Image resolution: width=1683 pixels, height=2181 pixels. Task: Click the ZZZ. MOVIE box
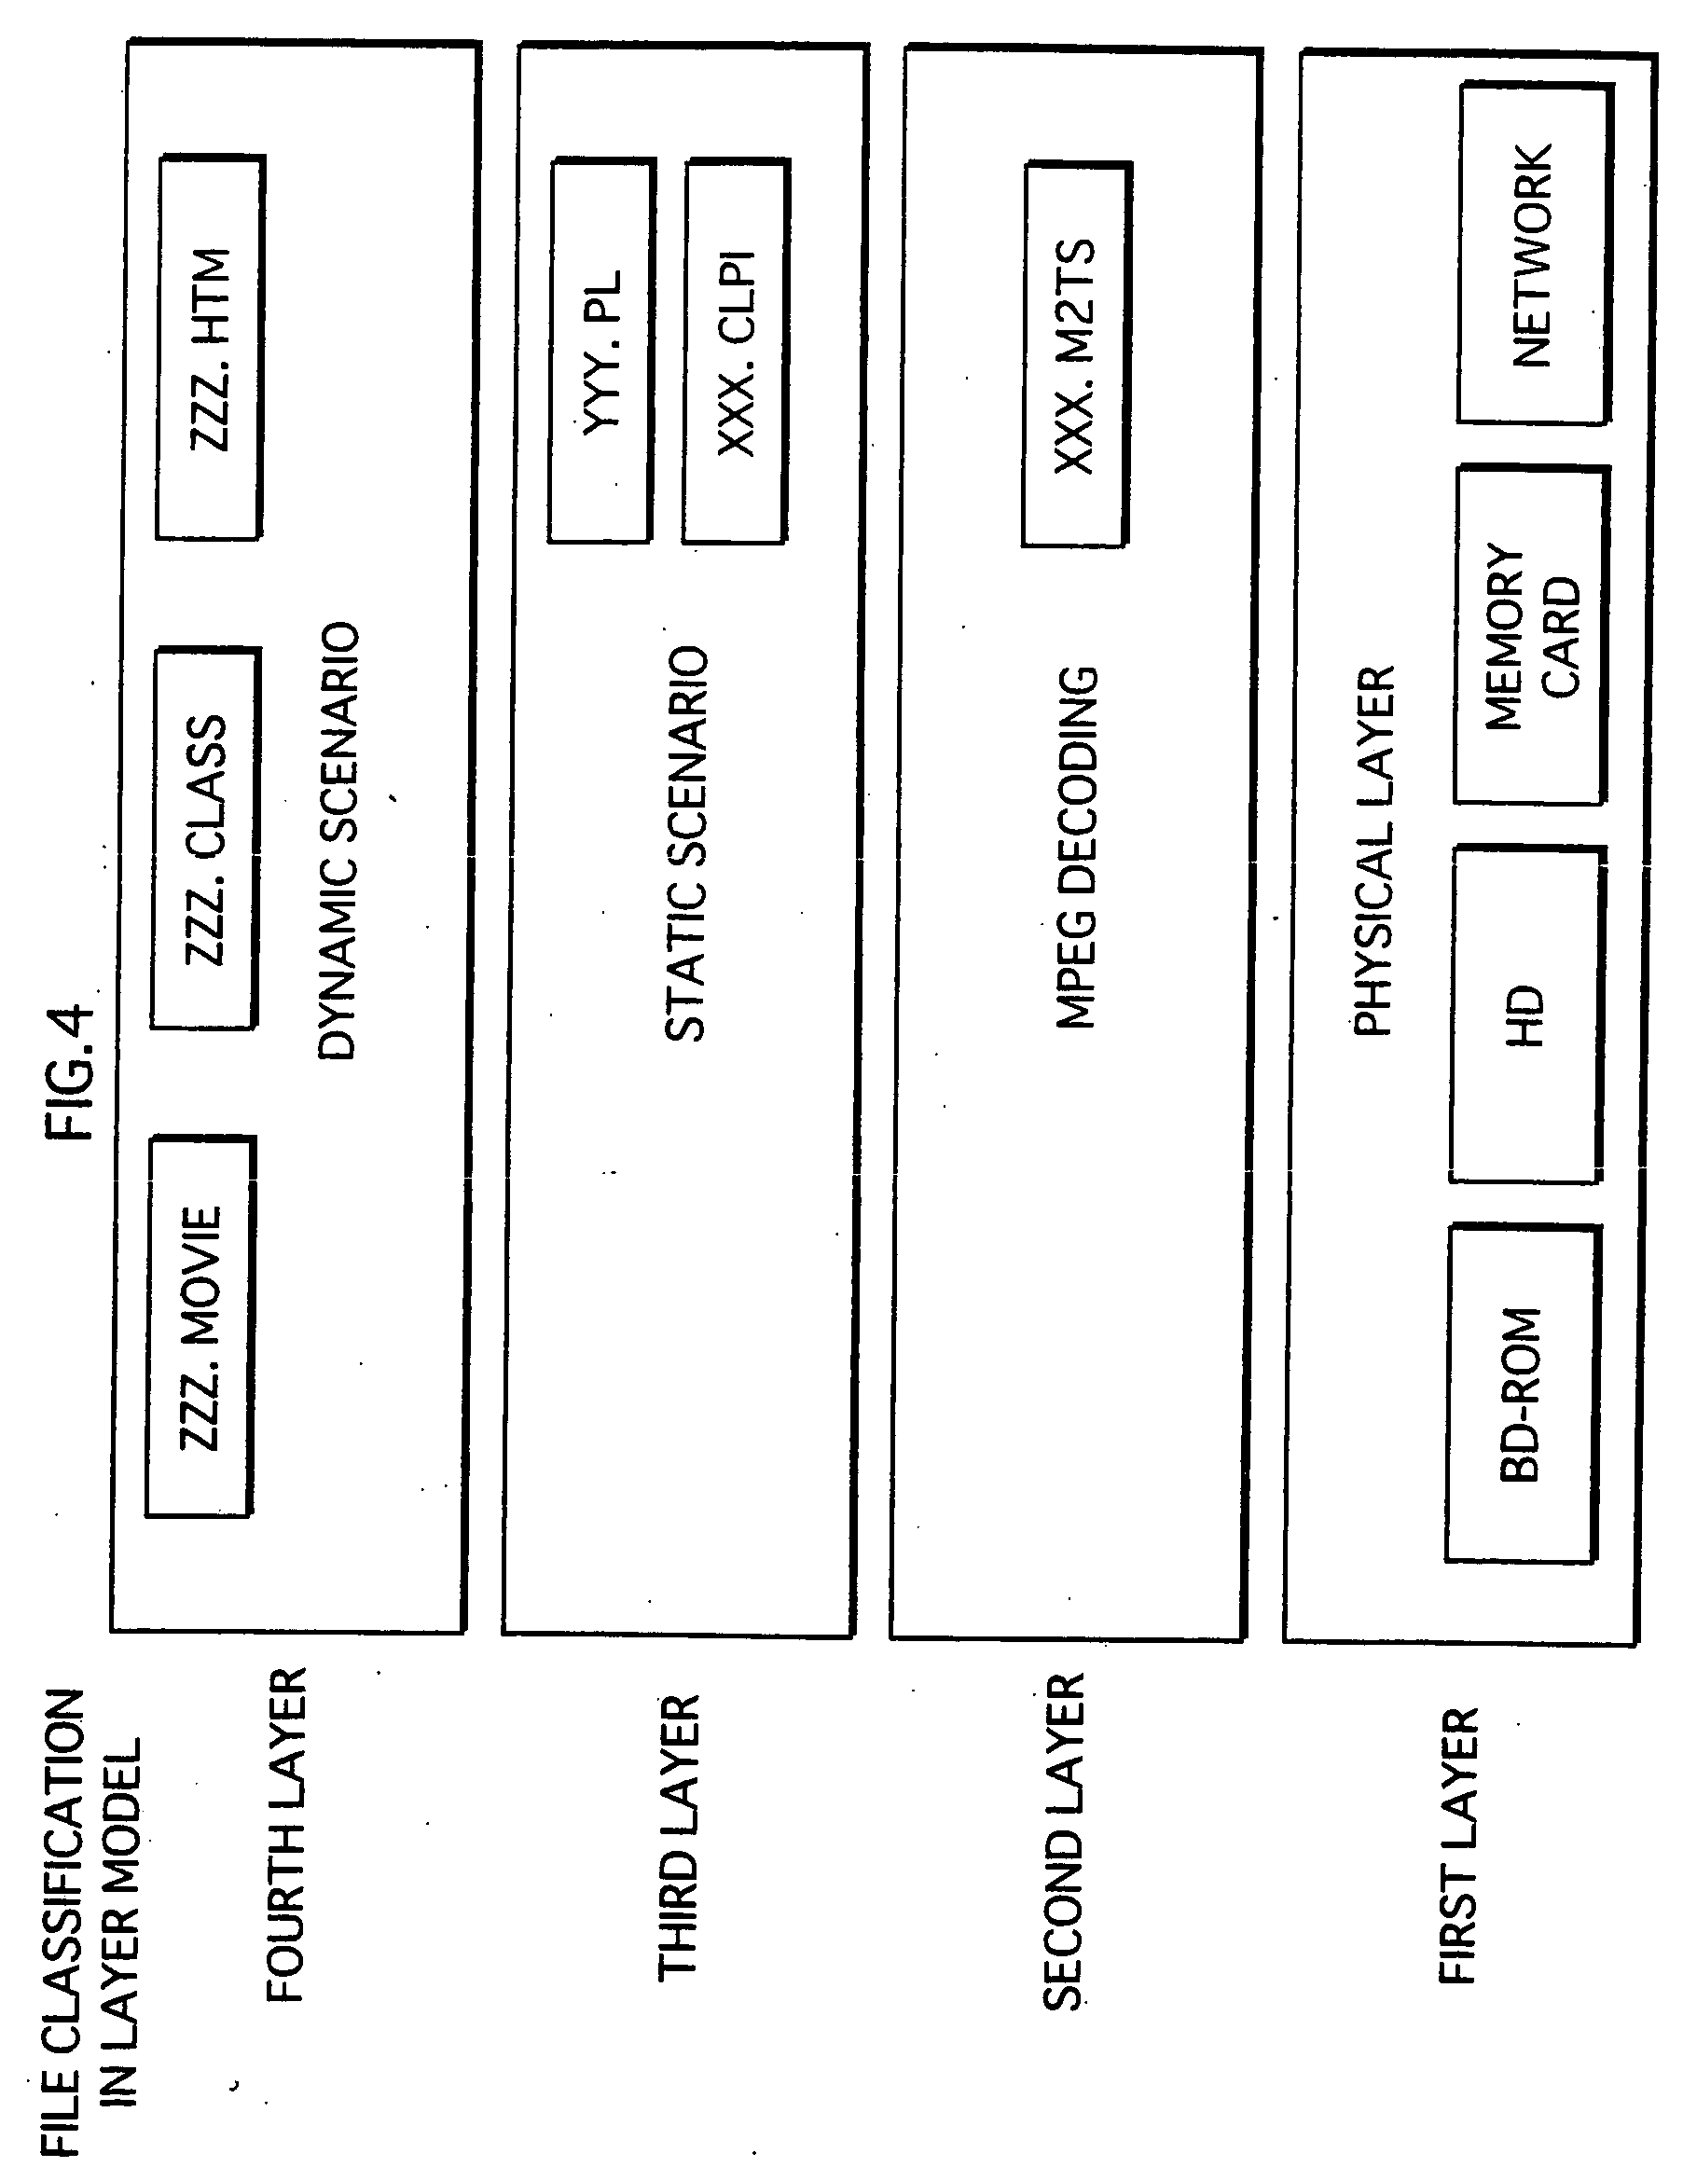(199, 1327)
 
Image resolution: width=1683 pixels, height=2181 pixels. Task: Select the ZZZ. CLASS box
(205, 839)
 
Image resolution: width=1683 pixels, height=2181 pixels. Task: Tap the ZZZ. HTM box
(210, 348)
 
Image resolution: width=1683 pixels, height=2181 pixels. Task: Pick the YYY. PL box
(600, 350)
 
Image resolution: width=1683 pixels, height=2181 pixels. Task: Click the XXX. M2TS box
(1076, 355)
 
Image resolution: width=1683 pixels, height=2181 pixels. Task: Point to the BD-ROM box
(1523, 1394)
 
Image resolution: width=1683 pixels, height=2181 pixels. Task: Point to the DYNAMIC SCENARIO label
(338, 840)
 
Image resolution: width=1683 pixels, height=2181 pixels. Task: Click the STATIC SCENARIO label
(686, 845)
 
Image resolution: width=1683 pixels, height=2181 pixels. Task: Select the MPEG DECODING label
(1078, 847)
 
